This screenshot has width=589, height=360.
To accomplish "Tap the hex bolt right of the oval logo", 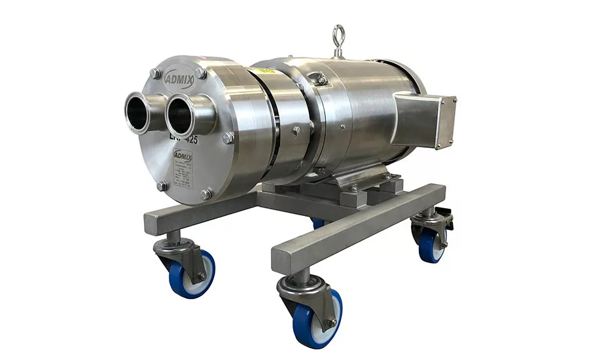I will tap(200, 73).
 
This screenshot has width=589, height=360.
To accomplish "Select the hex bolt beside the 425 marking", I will tap(228, 138).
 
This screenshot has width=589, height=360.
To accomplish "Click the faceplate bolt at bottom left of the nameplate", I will tap(162, 185).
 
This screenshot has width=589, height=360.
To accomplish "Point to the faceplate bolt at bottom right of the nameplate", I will tap(205, 194).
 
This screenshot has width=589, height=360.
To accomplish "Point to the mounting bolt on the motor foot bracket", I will tap(353, 188).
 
